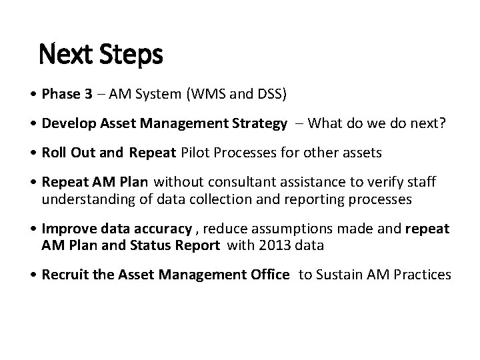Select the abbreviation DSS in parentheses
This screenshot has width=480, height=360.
[271, 95]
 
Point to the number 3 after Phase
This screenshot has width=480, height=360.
[89, 95]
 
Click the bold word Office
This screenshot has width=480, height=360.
[268, 274]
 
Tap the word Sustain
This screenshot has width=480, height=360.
[335, 274]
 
